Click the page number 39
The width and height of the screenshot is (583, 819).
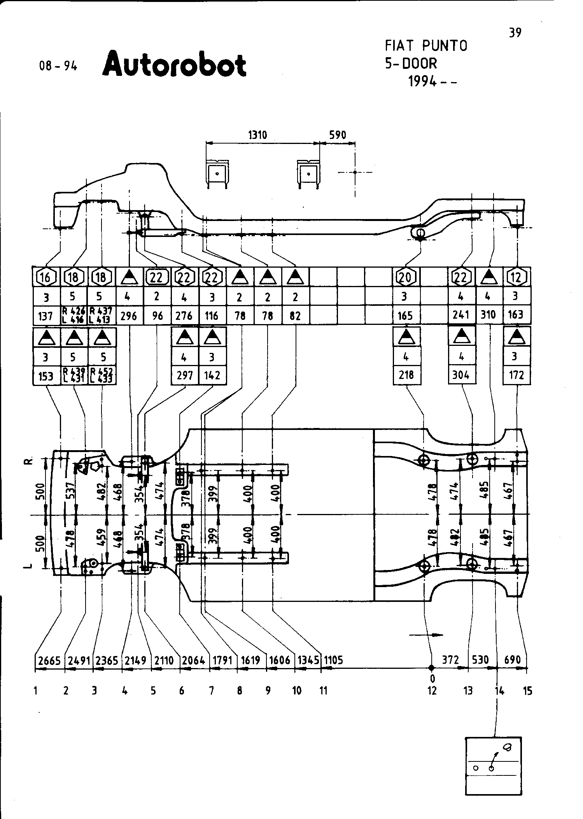[x=515, y=33]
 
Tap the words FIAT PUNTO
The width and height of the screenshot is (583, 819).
[x=426, y=46]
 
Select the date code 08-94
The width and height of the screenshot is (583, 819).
[x=58, y=66]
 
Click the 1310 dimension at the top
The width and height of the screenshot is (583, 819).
[x=257, y=135]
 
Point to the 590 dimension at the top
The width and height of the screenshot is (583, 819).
[x=337, y=135]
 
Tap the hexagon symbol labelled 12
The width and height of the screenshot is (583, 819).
[x=516, y=277]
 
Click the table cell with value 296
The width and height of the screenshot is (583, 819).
[x=129, y=316]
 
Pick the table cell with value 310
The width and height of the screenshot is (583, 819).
[x=488, y=314]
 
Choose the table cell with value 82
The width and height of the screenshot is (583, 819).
[x=296, y=316]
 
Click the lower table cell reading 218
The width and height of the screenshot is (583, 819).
[x=406, y=375]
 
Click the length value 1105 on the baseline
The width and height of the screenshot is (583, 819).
[x=333, y=660]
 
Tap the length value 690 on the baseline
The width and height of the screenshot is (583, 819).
[x=512, y=660]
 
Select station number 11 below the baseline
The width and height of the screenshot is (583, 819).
[x=323, y=691]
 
